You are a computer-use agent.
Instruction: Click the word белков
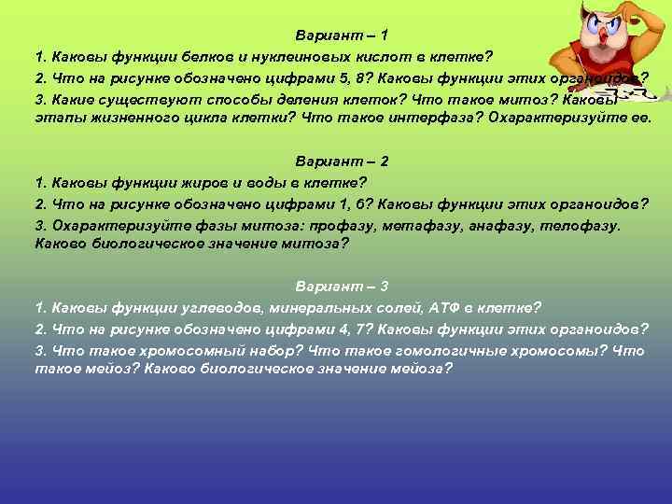coord(210,56)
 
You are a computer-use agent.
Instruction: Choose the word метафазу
coord(402,224)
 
